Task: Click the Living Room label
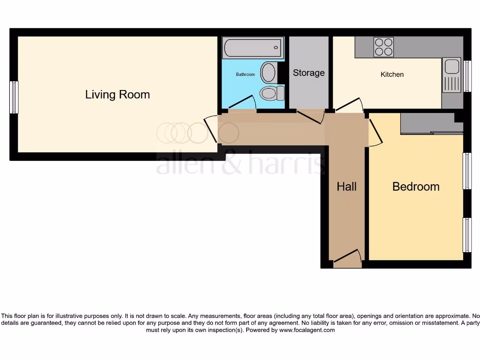(117, 94)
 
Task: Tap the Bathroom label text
(245, 75)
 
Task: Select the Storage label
(308, 73)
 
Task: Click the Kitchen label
(392, 74)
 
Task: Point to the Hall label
(346, 187)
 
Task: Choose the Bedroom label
(416, 187)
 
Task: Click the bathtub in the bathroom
(253, 48)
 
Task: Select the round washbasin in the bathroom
(269, 73)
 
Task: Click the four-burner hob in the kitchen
(383, 47)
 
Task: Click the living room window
(14, 97)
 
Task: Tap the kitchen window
(467, 76)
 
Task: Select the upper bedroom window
(467, 171)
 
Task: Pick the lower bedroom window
(467, 234)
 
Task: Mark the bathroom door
(243, 103)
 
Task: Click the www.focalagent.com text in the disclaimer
(307, 330)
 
